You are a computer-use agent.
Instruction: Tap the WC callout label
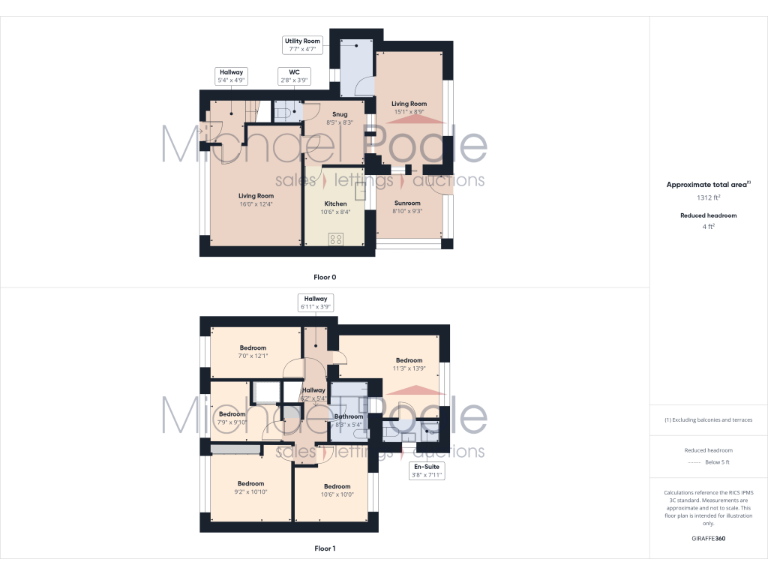[294, 76]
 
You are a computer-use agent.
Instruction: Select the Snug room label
[340, 118]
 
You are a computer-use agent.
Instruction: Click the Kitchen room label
[335, 207]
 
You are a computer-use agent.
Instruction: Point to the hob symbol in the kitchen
[336, 238]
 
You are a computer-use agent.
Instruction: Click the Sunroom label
[407, 207]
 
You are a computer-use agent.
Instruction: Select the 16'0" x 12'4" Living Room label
[256, 199]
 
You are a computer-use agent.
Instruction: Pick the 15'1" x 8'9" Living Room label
[408, 107]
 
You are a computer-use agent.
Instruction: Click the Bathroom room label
[349, 420]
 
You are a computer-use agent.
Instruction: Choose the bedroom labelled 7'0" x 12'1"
[253, 351]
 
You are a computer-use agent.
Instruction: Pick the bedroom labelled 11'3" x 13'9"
[408, 364]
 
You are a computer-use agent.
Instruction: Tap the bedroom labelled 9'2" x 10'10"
[251, 487]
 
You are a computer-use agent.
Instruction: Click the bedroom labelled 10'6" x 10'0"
[337, 490]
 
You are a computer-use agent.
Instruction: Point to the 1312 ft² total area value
[708, 199]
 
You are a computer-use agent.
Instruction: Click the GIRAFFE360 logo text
[708, 538]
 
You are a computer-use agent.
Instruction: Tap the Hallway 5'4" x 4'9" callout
[231, 76]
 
